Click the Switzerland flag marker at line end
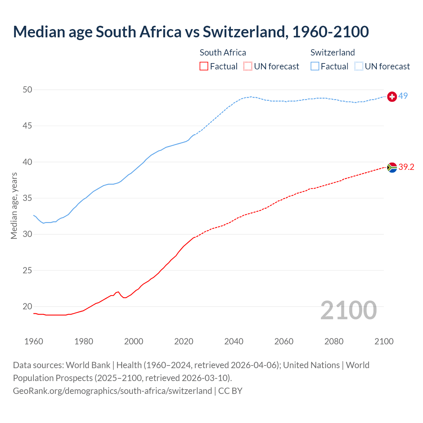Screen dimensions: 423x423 (x=392, y=96)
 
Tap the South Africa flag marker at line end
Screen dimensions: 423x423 (x=392, y=168)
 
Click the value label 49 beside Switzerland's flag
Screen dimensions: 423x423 (x=403, y=96)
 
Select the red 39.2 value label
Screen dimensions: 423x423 (x=406, y=167)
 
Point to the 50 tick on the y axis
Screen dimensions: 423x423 (x=28, y=90)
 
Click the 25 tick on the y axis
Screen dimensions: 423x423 (x=28, y=270)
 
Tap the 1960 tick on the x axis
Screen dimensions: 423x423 (x=34, y=341)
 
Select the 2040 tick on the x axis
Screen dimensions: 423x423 (x=234, y=341)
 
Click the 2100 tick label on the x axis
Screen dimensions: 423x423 (x=384, y=341)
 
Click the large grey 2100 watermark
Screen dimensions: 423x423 (x=348, y=310)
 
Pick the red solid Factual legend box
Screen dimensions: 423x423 (x=204, y=66)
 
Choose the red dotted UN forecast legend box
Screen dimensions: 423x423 (x=248, y=66)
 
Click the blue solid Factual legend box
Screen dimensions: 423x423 (x=315, y=66)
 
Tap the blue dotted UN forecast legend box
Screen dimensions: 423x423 (x=359, y=66)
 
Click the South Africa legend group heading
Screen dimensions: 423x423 (x=223, y=53)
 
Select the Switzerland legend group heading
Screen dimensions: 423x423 (x=332, y=53)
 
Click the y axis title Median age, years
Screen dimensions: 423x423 (x=14, y=206)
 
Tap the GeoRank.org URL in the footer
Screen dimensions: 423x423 (x=112, y=391)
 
